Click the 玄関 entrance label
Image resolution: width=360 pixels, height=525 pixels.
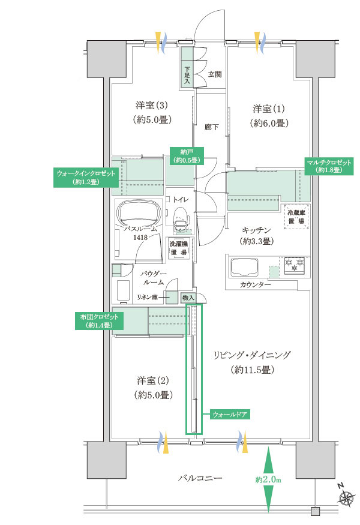pyautogui.click(x=215, y=74)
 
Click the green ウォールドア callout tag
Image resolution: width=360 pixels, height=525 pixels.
pyautogui.click(x=230, y=415)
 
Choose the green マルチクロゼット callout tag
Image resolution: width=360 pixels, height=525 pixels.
pyautogui.click(x=329, y=166)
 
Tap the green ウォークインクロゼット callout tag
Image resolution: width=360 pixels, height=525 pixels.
pyautogui.click(x=86, y=178)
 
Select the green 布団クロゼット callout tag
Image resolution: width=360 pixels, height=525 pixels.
pyautogui.click(x=99, y=321)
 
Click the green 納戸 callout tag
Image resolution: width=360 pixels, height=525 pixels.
pyautogui.click(x=187, y=156)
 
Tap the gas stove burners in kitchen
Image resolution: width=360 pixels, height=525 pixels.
pyautogui.click(x=295, y=265)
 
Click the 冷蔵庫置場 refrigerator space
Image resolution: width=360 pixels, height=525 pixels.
pyautogui.click(x=296, y=217)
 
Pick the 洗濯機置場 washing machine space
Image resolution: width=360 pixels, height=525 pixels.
pyautogui.click(x=179, y=248)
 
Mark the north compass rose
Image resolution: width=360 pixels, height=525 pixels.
pyautogui.click(x=346, y=498)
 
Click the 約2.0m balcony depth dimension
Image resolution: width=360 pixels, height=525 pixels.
pyautogui.click(x=268, y=479)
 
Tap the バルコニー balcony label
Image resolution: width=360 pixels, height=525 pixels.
pyautogui.click(x=200, y=478)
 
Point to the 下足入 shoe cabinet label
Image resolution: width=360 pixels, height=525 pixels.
pyautogui.click(x=187, y=76)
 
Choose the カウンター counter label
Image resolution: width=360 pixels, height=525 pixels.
pyautogui.click(x=255, y=284)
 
